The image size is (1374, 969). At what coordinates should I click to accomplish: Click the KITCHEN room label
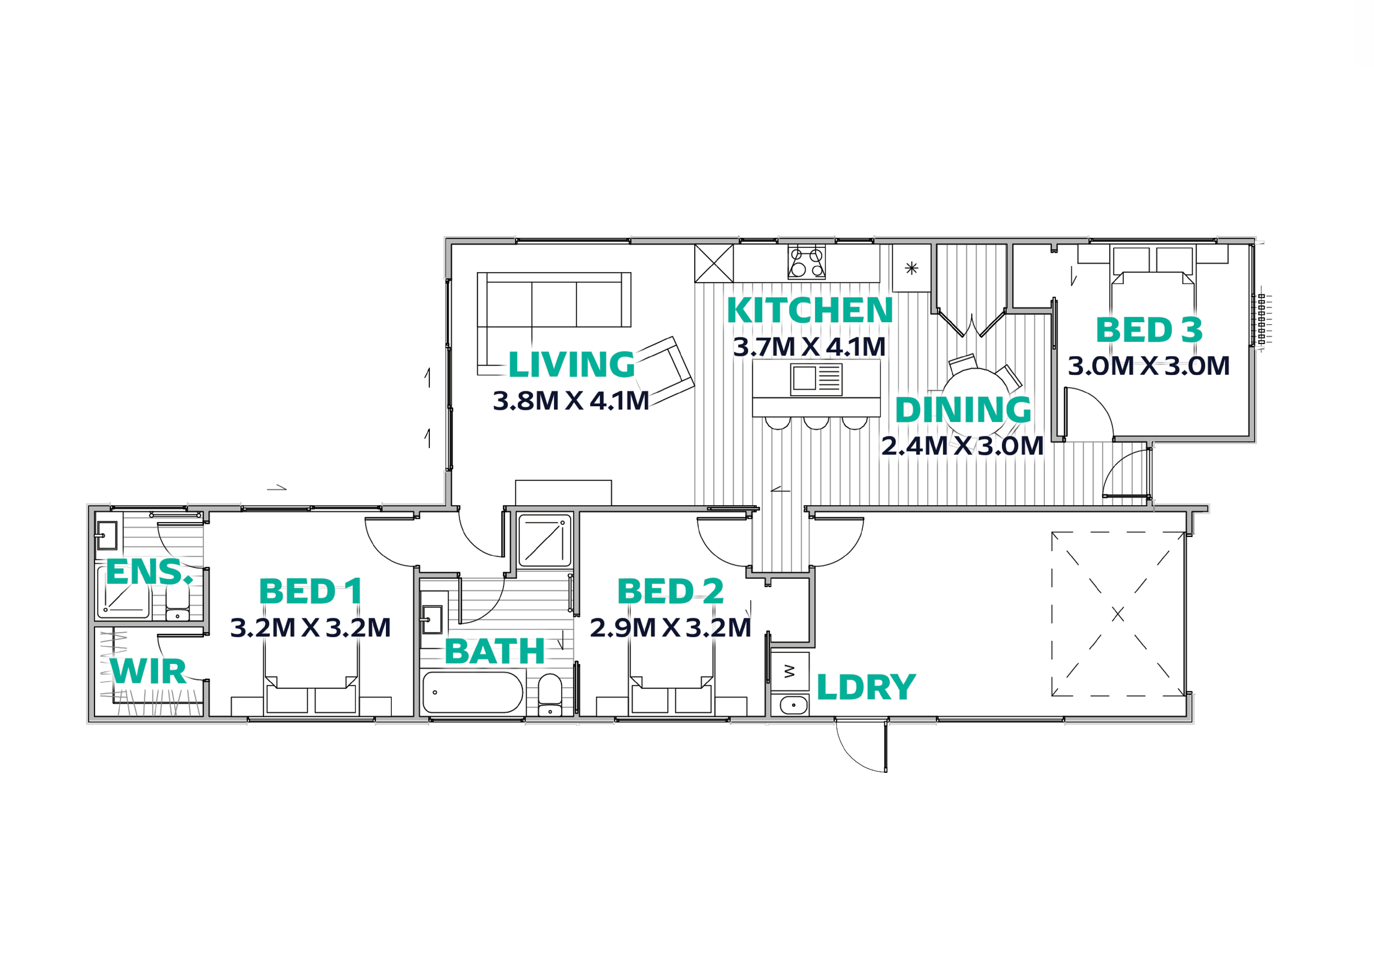(x=810, y=310)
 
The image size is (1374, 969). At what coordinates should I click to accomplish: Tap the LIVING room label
(x=572, y=364)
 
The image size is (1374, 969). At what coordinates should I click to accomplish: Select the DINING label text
(x=963, y=410)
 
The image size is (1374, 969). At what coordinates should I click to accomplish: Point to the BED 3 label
(x=1149, y=330)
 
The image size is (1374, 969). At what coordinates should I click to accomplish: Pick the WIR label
(x=148, y=672)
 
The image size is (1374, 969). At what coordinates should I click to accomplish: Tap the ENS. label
(x=149, y=572)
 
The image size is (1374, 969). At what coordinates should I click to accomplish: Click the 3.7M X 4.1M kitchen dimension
(x=810, y=346)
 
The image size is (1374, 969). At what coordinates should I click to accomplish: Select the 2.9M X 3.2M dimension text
(x=671, y=628)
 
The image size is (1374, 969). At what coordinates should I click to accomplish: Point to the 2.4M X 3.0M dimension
(x=962, y=446)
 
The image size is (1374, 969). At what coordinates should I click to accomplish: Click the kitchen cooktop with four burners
(x=806, y=262)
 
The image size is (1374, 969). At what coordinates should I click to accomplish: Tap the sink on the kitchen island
(x=816, y=379)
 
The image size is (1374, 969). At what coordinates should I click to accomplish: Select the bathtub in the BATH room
(x=473, y=692)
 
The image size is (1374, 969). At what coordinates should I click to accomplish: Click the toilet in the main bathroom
(x=550, y=695)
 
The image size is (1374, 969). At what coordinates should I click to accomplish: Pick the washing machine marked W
(x=790, y=672)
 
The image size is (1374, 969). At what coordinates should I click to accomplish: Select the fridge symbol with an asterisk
(x=911, y=268)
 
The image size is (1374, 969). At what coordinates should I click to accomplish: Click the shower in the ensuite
(x=124, y=593)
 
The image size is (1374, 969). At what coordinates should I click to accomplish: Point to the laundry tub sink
(x=794, y=706)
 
